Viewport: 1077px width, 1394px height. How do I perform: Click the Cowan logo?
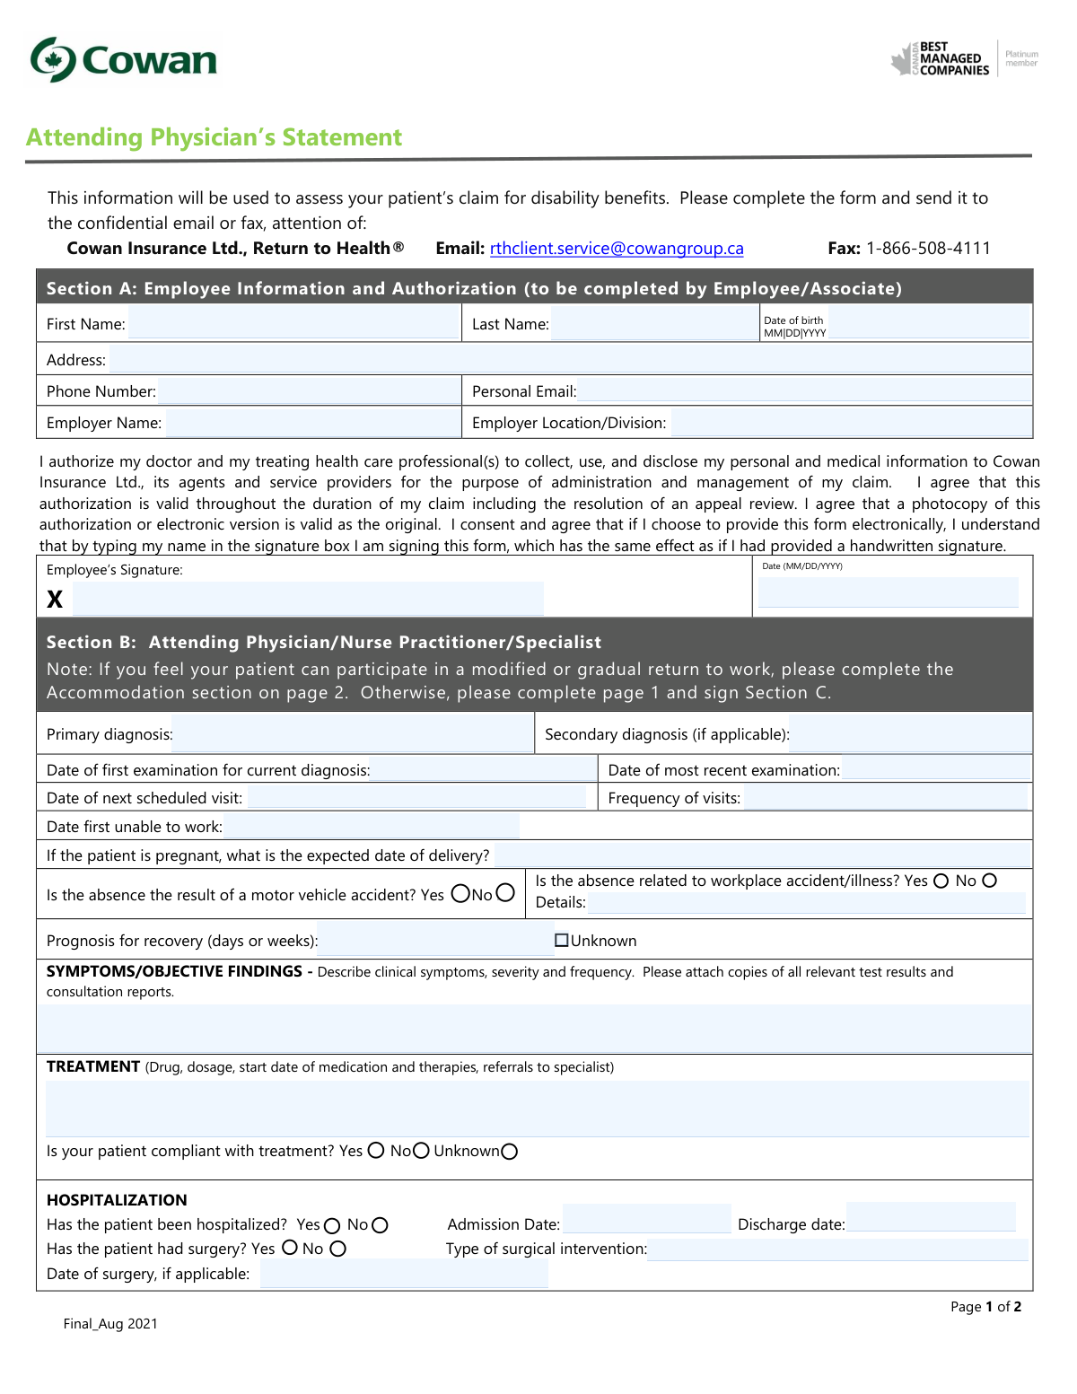click(x=124, y=60)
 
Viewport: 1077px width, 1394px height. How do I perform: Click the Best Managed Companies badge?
click(x=964, y=59)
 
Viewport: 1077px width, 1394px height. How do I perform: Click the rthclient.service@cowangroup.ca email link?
click(x=617, y=249)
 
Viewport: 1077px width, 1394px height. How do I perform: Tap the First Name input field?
click(x=293, y=324)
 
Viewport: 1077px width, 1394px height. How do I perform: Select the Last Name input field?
click(x=654, y=324)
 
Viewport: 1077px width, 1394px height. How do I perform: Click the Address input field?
click(x=570, y=360)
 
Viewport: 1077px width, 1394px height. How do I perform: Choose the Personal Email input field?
click(x=805, y=391)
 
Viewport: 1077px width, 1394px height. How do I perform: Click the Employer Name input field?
click(x=312, y=423)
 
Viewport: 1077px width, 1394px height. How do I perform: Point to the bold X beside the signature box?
click(x=55, y=600)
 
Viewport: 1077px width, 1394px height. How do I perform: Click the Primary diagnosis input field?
click(x=352, y=734)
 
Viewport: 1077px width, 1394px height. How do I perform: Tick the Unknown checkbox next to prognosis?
click(x=562, y=941)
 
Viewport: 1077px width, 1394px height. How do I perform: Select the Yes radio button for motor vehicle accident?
click(x=460, y=893)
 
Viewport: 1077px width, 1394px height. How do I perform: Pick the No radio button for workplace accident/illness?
click(x=989, y=881)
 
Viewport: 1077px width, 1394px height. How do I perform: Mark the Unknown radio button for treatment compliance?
click(x=510, y=1152)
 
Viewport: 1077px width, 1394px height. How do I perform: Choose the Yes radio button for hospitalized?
click(x=332, y=1226)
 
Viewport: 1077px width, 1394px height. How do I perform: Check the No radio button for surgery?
click(x=337, y=1249)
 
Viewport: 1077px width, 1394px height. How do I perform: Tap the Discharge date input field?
click(x=931, y=1217)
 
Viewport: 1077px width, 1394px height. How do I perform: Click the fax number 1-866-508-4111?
click(x=928, y=249)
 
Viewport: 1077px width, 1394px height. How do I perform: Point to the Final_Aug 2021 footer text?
click(x=110, y=1324)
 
